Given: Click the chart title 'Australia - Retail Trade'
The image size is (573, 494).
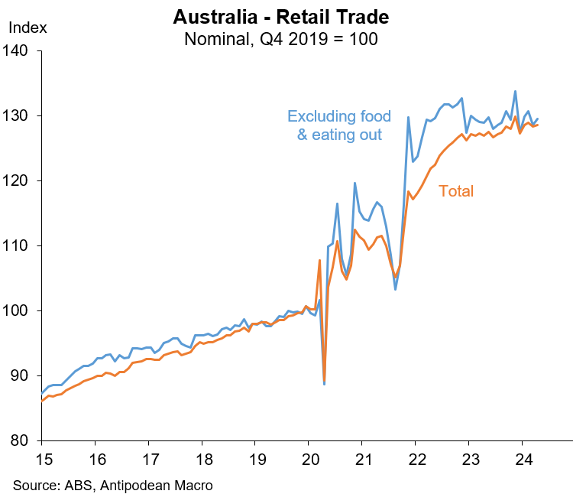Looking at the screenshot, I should [x=281, y=17].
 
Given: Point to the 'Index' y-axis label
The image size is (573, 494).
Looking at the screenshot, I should [x=28, y=28].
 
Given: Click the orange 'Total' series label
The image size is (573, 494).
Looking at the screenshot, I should [x=456, y=191].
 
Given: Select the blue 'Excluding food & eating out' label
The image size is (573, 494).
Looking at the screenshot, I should [x=339, y=125].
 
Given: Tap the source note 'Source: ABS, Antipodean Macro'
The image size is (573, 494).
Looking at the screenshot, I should [x=112, y=485].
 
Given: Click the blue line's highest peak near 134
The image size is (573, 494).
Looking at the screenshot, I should [x=515, y=91].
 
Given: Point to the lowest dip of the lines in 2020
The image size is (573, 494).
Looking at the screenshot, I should [x=324, y=383].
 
